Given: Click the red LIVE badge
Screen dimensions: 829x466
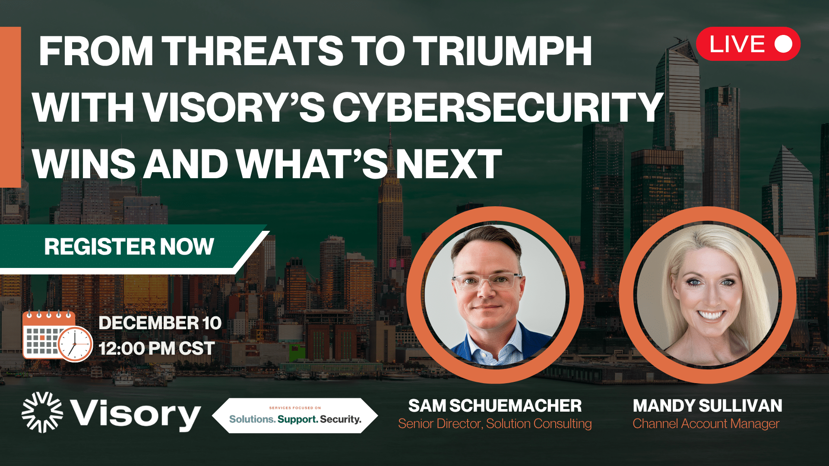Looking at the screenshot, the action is [748, 44].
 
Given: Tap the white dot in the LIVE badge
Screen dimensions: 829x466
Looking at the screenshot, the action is [783, 44].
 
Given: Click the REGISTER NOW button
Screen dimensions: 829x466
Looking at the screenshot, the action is [129, 247].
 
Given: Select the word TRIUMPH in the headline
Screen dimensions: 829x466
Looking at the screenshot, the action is [502, 51].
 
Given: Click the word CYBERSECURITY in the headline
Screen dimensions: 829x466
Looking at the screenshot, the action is [498, 107].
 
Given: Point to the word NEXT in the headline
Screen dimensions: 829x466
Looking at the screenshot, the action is [449, 164].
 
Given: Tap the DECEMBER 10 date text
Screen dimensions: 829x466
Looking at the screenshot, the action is [160, 323].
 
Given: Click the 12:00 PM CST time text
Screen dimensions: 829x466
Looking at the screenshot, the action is [157, 349].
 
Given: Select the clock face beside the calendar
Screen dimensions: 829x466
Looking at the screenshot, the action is [75, 344].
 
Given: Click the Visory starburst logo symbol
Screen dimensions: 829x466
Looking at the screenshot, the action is [42, 412].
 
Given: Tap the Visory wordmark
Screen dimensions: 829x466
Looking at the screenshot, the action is [136, 414].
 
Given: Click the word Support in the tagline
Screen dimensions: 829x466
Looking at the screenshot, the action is [297, 419].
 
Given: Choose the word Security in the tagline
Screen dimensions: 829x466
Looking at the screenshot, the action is [341, 419].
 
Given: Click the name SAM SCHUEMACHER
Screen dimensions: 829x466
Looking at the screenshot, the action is [495, 406].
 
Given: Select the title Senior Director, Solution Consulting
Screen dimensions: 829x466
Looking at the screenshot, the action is [495, 424].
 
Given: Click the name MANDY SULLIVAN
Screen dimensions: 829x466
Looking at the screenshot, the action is [708, 406].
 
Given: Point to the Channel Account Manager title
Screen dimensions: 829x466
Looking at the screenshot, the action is [706, 424].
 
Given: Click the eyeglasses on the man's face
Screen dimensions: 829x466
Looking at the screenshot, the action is [487, 281].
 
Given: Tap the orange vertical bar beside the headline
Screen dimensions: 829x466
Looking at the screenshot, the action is [10, 107].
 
